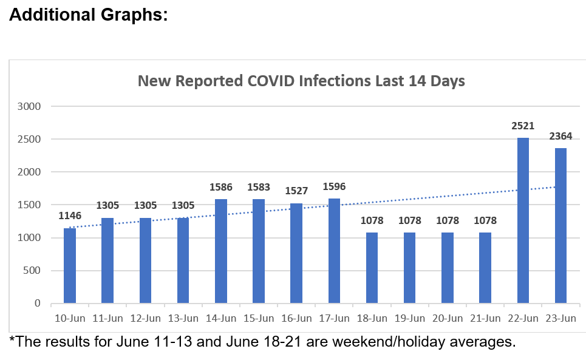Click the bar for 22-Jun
point(523,220)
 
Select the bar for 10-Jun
point(70,265)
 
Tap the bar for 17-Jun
point(334,251)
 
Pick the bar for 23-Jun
point(560,225)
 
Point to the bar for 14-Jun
point(221,251)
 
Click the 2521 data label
point(523,126)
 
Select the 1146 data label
point(70,216)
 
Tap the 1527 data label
point(296,191)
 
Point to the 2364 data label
point(560,137)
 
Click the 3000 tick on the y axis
point(29,106)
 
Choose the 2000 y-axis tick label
point(29,172)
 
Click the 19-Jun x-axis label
point(410,318)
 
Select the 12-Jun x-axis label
point(145,318)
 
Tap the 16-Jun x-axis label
point(296,318)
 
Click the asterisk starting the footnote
point(12,339)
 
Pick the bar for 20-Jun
point(448,267)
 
